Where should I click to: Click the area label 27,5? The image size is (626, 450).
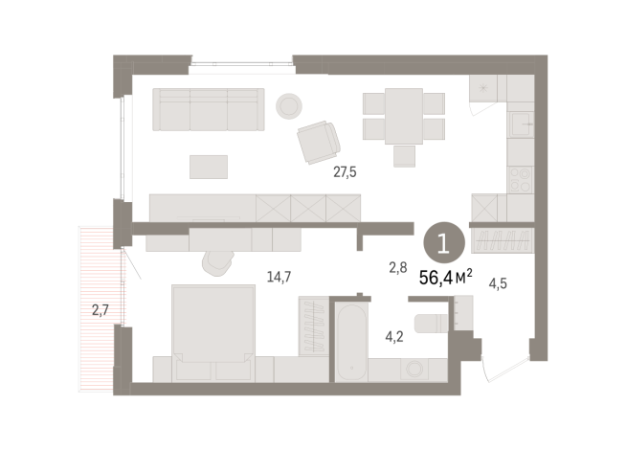345,172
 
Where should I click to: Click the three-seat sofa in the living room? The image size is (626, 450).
210,109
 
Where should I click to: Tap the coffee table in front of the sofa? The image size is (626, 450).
210,167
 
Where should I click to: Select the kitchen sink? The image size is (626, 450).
521,124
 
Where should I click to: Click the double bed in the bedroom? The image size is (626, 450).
212,326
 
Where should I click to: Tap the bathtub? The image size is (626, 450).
349,340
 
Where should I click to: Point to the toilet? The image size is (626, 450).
434,320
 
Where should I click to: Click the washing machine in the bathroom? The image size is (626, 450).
417,370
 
